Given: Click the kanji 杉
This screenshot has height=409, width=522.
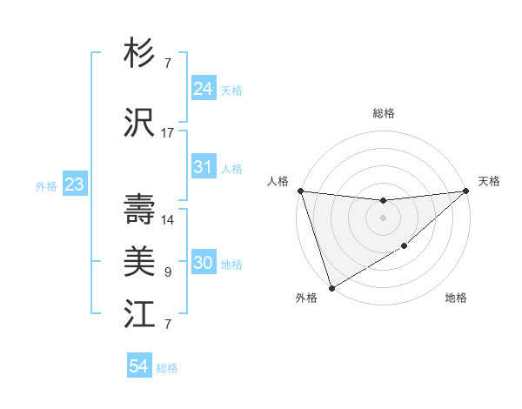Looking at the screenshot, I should [x=139, y=54].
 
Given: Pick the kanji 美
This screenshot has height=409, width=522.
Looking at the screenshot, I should [x=139, y=262].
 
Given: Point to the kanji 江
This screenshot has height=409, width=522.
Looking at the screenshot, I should [x=139, y=314].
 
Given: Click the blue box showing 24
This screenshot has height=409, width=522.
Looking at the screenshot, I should [x=203, y=89].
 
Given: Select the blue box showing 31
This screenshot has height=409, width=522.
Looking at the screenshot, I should [x=203, y=167].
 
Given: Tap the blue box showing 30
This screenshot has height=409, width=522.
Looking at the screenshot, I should [x=203, y=263].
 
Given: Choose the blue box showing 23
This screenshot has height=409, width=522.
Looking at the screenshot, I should [x=74, y=184].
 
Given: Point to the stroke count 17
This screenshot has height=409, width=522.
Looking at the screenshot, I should [x=168, y=133].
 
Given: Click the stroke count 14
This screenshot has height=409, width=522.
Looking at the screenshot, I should [x=168, y=220].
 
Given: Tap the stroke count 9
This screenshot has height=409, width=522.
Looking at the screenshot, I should [x=168, y=272].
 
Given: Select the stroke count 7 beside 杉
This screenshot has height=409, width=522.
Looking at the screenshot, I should [x=168, y=64].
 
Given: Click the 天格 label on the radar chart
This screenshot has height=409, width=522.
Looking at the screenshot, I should [x=489, y=181].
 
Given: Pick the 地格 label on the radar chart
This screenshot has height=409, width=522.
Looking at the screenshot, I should [x=456, y=298].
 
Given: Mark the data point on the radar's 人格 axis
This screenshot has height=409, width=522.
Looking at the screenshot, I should [x=300, y=191].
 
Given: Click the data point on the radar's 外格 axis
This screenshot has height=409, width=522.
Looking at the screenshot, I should [x=331, y=286].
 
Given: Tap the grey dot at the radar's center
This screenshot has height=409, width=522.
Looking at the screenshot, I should [x=383, y=217].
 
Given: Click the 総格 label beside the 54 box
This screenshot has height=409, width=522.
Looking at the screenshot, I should [x=167, y=368].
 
